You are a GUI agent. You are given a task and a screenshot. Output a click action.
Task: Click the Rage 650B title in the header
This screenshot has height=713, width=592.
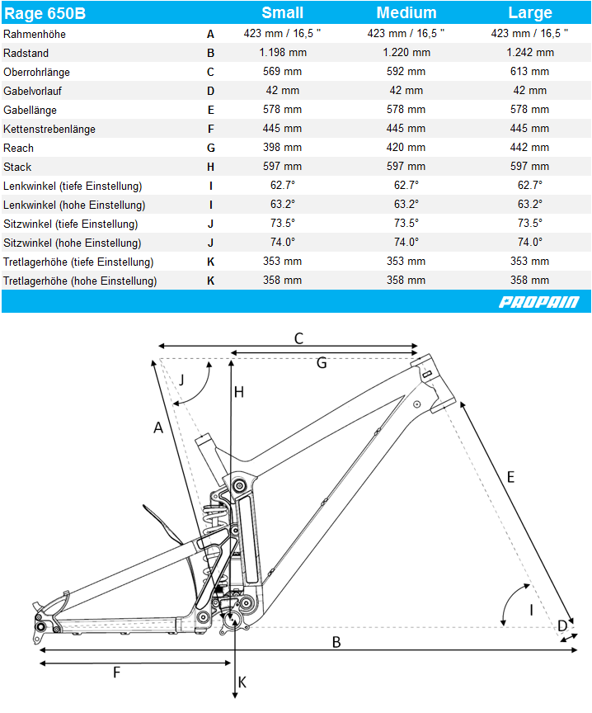(x=45, y=13)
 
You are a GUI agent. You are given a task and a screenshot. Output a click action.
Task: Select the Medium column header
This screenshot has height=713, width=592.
(x=406, y=12)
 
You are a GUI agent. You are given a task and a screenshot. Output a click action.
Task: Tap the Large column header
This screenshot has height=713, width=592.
(x=530, y=12)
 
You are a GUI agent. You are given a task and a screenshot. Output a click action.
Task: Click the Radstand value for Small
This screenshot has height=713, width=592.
(x=283, y=53)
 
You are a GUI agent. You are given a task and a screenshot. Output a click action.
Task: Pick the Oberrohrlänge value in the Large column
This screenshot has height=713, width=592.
(x=529, y=72)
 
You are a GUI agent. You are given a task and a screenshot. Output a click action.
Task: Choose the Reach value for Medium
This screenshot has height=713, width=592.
(x=406, y=148)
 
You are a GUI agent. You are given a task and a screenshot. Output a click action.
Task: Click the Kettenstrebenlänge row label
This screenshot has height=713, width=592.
(x=49, y=129)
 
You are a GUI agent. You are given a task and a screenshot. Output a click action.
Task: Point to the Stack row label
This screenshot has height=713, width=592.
(x=17, y=167)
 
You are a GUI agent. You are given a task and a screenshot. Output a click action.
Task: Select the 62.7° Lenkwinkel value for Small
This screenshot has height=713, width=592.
(x=283, y=186)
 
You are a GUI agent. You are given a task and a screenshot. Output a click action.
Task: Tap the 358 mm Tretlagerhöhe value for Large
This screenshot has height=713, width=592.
(x=529, y=280)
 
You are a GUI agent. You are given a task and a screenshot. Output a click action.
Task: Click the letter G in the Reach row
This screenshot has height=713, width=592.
(x=211, y=149)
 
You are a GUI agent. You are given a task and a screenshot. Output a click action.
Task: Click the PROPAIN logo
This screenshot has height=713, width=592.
(x=539, y=302)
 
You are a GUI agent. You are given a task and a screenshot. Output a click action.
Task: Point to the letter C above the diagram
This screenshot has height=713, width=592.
(x=298, y=339)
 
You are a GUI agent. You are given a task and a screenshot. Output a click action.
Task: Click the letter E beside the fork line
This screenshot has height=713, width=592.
(x=510, y=478)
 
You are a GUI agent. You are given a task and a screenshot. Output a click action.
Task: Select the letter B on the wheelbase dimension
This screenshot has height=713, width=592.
(x=336, y=642)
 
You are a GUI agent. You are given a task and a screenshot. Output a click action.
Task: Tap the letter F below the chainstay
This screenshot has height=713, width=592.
(x=117, y=672)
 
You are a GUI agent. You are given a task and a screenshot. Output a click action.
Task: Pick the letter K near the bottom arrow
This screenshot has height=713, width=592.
(x=242, y=682)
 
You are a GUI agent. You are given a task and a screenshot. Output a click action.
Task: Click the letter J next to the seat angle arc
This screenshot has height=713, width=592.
(x=181, y=380)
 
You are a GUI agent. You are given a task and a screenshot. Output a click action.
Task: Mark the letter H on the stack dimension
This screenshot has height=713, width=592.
(x=239, y=392)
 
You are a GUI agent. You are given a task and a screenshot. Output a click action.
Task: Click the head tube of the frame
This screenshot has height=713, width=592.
(x=433, y=383)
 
